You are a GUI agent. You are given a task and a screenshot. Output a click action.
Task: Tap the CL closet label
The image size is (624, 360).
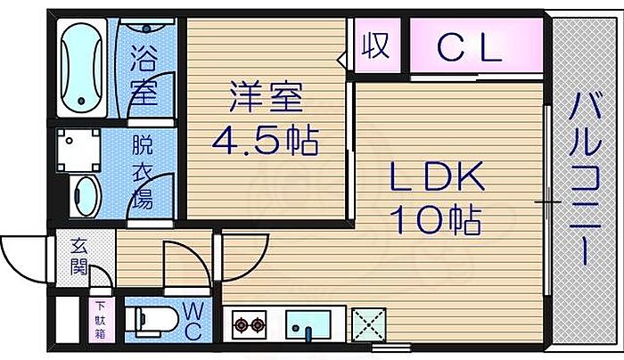470,48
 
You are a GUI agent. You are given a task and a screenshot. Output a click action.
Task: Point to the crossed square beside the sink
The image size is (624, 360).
368,323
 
